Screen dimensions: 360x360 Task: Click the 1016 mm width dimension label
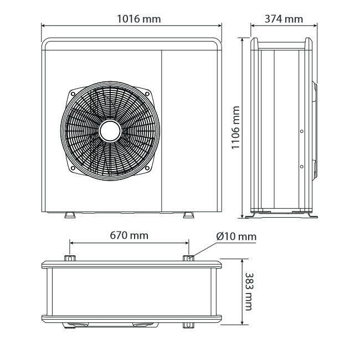139,19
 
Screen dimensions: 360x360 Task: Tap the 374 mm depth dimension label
284,19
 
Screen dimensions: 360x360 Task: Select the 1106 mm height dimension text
235,127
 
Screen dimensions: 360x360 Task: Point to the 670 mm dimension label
129,235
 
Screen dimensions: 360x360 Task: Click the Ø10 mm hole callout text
236,236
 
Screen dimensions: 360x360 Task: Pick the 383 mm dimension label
249,291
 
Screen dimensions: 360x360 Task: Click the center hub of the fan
110,131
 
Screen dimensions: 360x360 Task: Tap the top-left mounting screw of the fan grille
73,94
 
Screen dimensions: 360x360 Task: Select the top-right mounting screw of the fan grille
147,94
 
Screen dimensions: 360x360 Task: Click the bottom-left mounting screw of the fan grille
73,168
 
